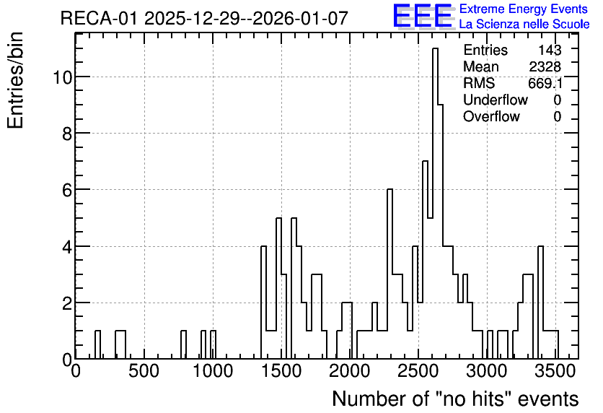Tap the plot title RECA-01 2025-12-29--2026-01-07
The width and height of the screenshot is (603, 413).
(204, 18)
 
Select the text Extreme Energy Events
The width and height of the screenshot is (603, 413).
(524, 9)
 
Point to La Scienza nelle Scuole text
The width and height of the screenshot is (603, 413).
(524, 24)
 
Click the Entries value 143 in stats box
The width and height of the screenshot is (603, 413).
(550, 50)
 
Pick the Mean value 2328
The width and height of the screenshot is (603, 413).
(545, 66)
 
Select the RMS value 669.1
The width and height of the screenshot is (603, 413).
(545, 83)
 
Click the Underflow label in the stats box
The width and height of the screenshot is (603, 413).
(496, 100)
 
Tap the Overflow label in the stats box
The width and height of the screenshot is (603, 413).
(491, 116)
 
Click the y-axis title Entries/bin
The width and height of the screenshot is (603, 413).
(16, 81)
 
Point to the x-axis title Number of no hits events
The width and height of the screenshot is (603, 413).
(455, 399)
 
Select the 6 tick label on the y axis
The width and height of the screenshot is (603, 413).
(67, 190)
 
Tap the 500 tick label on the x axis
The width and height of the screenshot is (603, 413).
(144, 371)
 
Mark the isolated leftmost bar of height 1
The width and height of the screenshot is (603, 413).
(97, 345)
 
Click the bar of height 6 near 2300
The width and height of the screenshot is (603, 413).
(390, 274)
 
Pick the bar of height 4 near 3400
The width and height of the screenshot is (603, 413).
(541, 303)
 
